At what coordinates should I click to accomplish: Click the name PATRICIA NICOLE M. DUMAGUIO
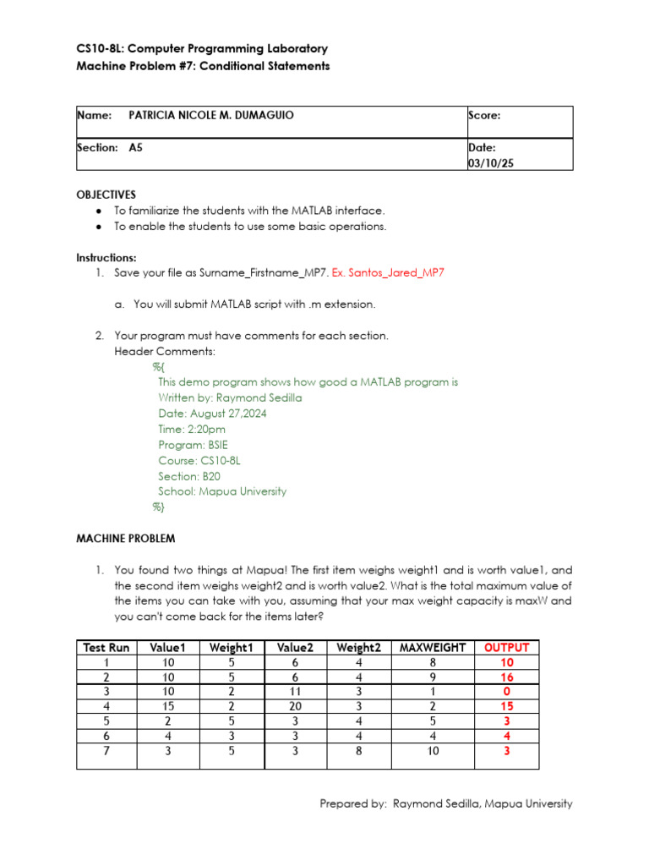click(x=210, y=115)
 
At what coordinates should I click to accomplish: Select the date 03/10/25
click(x=490, y=163)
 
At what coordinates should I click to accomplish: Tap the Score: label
click(x=484, y=115)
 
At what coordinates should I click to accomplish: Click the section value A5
click(x=135, y=147)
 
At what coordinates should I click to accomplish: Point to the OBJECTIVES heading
click(x=106, y=195)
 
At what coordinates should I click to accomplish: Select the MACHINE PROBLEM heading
click(x=126, y=538)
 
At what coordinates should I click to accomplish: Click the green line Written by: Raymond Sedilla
click(x=230, y=397)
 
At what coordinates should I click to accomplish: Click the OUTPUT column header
click(x=506, y=648)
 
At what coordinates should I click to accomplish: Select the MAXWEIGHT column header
click(x=432, y=648)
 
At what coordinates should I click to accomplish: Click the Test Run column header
click(x=106, y=648)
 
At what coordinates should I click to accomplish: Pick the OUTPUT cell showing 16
click(x=506, y=677)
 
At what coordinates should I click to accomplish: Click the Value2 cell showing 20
click(x=296, y=706)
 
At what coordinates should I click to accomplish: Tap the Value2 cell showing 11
click(x=296, y=692)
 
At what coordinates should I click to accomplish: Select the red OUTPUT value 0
click(x=506, y=692)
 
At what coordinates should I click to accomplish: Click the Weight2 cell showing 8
click(x=359, y=749)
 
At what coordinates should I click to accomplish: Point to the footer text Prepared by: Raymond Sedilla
click(x=445, y=804)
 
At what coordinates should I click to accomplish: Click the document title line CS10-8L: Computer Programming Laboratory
click(x=202, y=49)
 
